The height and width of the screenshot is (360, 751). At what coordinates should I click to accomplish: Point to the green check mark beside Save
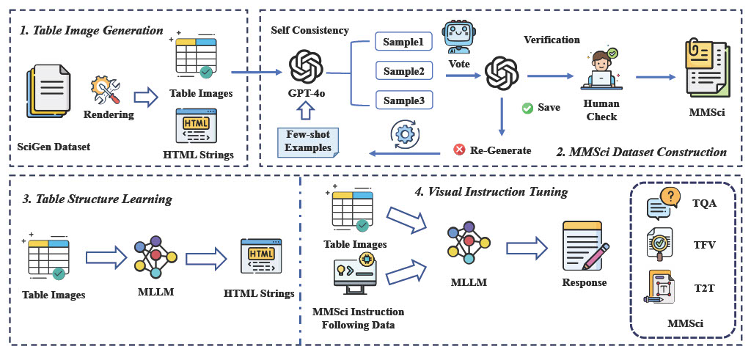pos(527,108)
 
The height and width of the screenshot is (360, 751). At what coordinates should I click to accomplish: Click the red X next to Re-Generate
pos(460,150)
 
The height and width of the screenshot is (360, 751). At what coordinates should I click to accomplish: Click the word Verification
pos(551,40)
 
